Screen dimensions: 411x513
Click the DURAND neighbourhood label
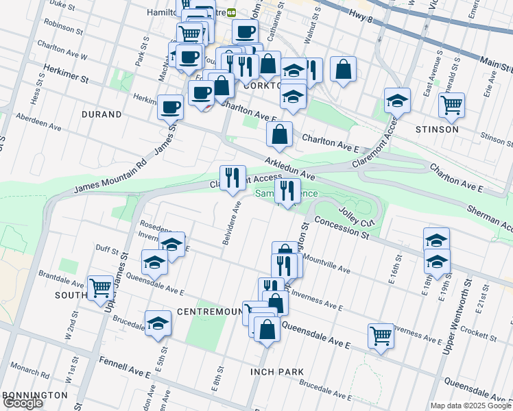click(102, 114)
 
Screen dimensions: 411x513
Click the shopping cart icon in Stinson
click(451, 105)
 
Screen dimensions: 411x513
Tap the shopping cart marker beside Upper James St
click(100, 288)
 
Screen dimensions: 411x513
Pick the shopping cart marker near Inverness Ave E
click(381, 336)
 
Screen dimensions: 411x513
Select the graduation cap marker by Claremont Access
click(397, 101)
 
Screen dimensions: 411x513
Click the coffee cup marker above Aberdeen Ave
click(170, 107)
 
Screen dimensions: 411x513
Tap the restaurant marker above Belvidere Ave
click(232, 178)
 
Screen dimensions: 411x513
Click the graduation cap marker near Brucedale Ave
click(158, 323)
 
